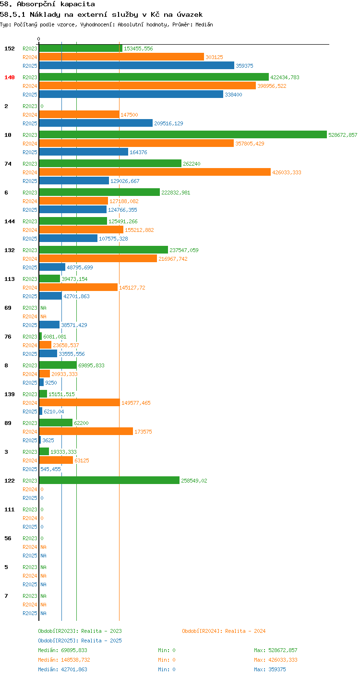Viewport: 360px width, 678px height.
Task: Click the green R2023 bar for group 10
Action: pyautogui.click(x=183, y=134)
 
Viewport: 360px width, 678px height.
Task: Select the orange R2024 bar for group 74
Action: pyautogui.click(x=155, y=172)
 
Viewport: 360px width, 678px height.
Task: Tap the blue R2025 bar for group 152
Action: pyautogui.click(x=137, y=65)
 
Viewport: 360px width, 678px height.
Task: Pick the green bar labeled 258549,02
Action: pyautogui.click(x=109, y=480)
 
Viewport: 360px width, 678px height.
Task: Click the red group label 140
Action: pyautogui.click(x=10, y=77)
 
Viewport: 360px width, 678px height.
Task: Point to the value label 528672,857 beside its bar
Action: pyautogui.click(x=343, y=135)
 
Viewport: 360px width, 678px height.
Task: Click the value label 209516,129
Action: pyautogui.click(x=168, y=123)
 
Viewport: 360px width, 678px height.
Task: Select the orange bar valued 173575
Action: pyautogui.click(x=86, y=431)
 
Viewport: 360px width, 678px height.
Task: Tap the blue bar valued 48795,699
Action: pyautogui.click(x=52, y=267)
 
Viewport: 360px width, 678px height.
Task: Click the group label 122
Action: pyautogui.click(x=10, y=481)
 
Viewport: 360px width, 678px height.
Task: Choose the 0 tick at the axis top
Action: pyautogui.click(x=39, y=39)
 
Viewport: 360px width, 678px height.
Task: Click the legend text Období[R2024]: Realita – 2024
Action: pyautogui.click(x=224, y=631)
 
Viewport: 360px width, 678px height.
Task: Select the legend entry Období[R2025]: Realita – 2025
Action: pyautogui.click(x=80, y=641)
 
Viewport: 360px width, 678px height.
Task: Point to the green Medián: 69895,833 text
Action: pyautogui.click(x=62, y=650)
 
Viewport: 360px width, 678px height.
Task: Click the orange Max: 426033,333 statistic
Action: pyautogui.click(x=276, y=660)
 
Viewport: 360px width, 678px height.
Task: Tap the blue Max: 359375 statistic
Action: pyautogui.click(x=270, y=669)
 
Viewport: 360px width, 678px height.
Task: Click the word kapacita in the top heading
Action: pyautogui.click(x=78, y=4)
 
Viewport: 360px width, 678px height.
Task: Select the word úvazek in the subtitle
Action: pyautogui.click(x=190, y=14)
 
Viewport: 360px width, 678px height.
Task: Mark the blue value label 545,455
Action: pyautogui.click(x=50, y=469)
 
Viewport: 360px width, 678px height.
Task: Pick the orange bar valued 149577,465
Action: pyautogui.click(x=80, y=402)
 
